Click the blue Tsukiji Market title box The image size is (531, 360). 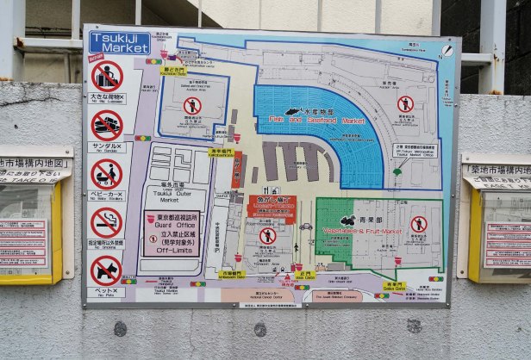click(x=119, y=42)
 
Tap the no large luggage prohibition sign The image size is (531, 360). click(x=107, y=76)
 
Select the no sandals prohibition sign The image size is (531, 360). click(x=107, y=125)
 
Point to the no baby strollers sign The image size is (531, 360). click(x=107, y=173)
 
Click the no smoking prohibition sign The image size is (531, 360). click(x=107, y=222)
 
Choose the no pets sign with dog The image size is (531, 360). click(x=107, y=270)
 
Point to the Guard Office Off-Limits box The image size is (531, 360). click(x=172, y=233)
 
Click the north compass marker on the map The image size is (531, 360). click(x=447, y=52)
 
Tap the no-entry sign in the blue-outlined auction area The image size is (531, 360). click(x=192, y=105)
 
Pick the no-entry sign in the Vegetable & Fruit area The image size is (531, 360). click(x=419, y=224)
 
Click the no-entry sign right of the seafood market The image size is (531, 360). click(x=405, y=104)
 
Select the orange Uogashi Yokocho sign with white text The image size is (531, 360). click(x=272, y=206)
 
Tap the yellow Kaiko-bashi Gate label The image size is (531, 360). click(x=174, y=71)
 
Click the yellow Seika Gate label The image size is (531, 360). click(x=394, y=285)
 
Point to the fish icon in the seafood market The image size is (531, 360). click(x=293, y=111)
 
